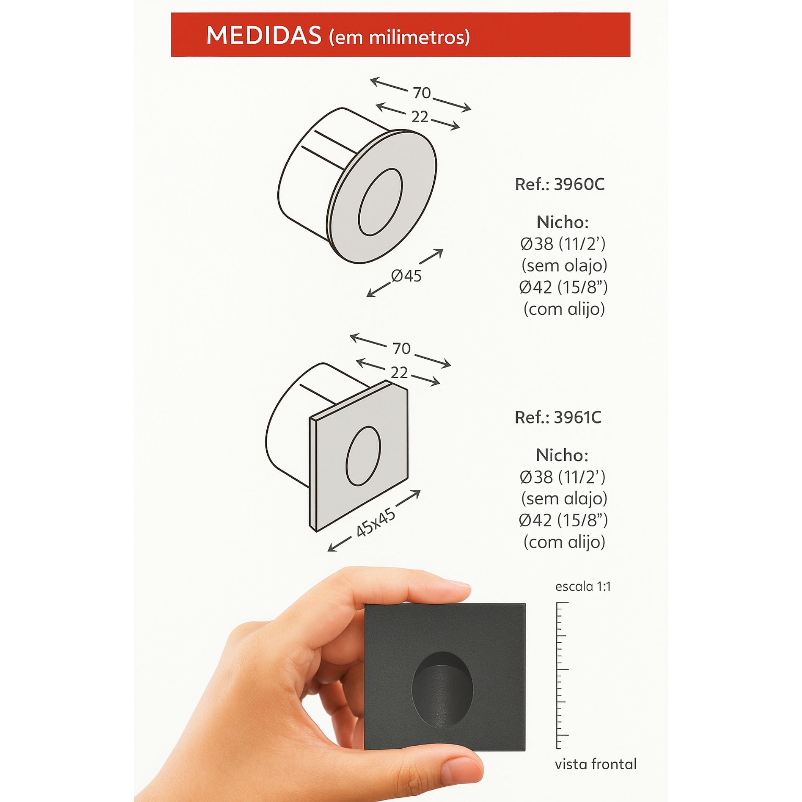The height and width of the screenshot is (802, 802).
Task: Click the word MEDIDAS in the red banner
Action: [264, 36]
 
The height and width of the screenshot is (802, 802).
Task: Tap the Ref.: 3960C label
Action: [560, 184]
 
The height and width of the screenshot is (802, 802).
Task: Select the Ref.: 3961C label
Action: [558, 417]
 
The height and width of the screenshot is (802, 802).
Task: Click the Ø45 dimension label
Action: [406, 275]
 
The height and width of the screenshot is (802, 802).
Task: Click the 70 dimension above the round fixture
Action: [422, 93]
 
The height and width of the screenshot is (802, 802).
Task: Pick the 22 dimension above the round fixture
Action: [420, 117]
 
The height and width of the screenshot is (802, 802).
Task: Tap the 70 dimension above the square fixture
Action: [401, 349]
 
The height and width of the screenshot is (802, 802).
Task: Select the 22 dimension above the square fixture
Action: [399, 373]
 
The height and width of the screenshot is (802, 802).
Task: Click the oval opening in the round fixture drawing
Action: [380, 202]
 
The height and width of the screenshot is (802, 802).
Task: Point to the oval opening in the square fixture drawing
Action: [362, 456]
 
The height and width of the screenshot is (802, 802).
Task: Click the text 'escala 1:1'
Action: [583, 587]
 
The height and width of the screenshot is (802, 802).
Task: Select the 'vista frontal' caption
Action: [596, 764]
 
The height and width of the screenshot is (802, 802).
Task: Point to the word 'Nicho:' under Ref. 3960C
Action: [562, 222]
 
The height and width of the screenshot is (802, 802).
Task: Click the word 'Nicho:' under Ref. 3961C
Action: [562, 455]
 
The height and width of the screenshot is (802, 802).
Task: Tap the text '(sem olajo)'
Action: [564, 265]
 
